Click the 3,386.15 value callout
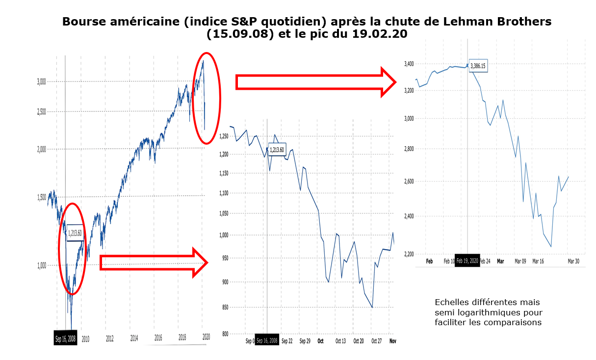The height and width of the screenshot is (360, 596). point(478,65)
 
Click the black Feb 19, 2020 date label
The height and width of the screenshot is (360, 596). point(467,261)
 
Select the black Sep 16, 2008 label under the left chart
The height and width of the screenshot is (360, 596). point(65,338)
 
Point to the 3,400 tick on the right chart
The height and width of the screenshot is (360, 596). point(409,64)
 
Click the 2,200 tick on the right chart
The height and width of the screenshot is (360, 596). point(409,254)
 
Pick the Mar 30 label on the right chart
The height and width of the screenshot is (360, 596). point(573,261)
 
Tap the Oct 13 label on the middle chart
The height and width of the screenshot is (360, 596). point(340,341)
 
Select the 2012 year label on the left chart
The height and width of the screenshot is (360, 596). point(109,338)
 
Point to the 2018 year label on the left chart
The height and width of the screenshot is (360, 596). point(182,338)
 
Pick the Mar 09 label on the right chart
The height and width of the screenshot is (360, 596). point(520,261)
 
